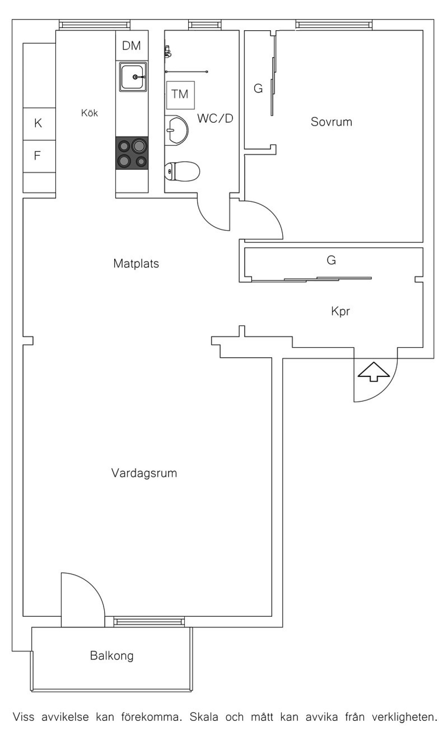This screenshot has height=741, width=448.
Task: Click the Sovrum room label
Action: pyautogui.click(x=331, y=122)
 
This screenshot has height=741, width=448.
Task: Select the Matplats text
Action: pyautogui.click(x=136, y=264)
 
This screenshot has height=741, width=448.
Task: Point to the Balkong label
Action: pyautogui.click(x=112, y=656)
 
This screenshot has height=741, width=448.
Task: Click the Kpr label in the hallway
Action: pyautogui.click(x=340, y=311)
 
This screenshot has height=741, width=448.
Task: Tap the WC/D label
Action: pyautogui.click(x=215, y=118)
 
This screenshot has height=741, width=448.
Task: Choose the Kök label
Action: pyautogui.click(x=90, y=113)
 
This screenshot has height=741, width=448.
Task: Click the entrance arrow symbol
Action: pyautogui.click(x=374, y=372)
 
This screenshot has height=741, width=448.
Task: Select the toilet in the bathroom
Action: pyautogui.click(x=182, y=171)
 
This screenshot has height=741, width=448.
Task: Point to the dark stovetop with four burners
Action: pyautogui.click(x=132, y=153)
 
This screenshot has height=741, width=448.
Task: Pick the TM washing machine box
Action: pyautogui.click(x=180, y=95)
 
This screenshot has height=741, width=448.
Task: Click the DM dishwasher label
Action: pyautogui.click(x=132, y=46)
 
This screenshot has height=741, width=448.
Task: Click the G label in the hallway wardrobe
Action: pyautogui.click(x=331, y=260)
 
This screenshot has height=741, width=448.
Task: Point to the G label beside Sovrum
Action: pyautogui.click(x=258, y=89)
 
